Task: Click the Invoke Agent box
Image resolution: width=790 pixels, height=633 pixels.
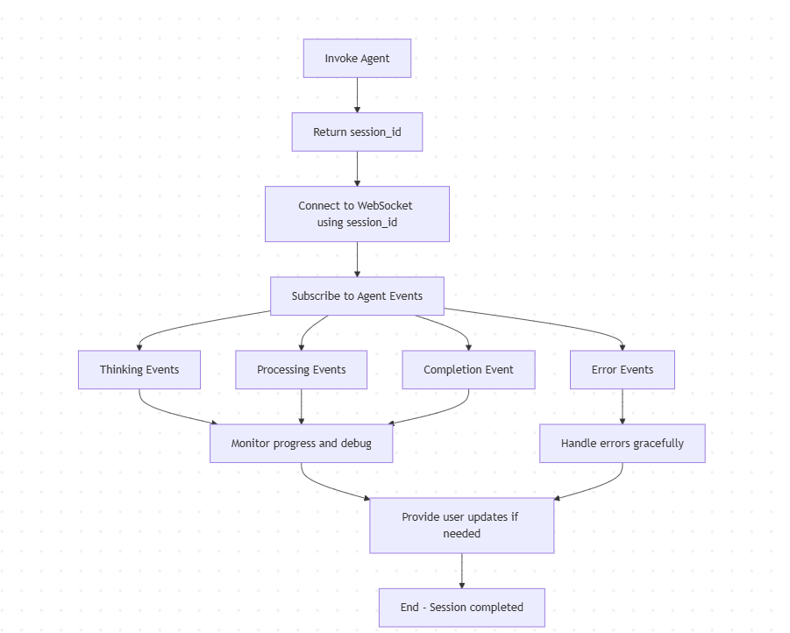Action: click(x=357, y=59)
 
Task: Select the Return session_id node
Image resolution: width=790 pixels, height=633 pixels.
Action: click(x=357, y=132)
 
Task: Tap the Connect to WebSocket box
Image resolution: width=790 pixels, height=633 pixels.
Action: click(x=357, y=214)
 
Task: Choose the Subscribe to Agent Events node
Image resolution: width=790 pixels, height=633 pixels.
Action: click(x=357, y=296)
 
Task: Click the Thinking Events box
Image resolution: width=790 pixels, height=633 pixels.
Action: click(x=139, y=370)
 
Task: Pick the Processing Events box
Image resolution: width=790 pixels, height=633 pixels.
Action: click(x=301, y=370)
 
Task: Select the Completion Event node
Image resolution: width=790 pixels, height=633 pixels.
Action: click(x=468, y=370)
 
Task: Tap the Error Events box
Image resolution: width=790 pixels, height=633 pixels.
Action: click(x=622, y=370)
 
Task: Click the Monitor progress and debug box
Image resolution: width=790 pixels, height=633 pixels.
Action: click(x=301, y=444)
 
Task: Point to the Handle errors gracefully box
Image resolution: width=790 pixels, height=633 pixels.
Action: click(x=622, y=444)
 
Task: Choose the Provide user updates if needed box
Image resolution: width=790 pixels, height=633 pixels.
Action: click(x=461, y=525)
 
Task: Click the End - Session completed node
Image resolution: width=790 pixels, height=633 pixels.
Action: click(x=461, y=608)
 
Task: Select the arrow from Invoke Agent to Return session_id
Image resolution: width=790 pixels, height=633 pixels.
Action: click(x=357, y=96)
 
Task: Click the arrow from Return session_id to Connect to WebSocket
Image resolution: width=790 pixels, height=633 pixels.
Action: click(x=357, y=168)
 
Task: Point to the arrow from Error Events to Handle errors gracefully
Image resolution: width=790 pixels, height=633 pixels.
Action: click(x=622, y=407)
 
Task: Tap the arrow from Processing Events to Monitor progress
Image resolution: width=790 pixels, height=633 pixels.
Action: click(x=301, y=407)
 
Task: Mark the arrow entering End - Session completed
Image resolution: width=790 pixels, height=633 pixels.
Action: click(x=461, y=572)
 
